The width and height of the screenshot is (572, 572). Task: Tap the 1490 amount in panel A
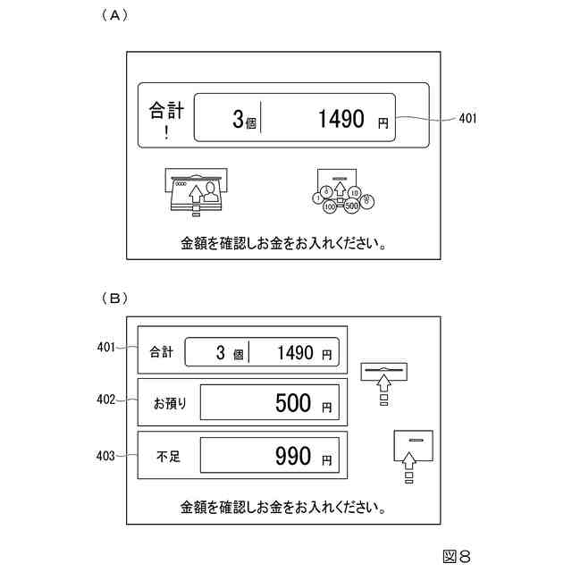(341, 119)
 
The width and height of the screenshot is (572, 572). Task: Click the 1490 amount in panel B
(296, 353)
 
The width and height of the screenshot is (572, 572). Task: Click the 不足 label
(167, 457)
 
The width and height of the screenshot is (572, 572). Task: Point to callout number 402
(105, 400)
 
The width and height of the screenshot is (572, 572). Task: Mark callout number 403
(105, 456)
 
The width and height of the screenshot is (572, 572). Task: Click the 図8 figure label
(456, 556)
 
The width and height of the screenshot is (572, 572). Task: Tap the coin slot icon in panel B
(412, 453)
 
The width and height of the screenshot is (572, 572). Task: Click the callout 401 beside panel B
(105, 348)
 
